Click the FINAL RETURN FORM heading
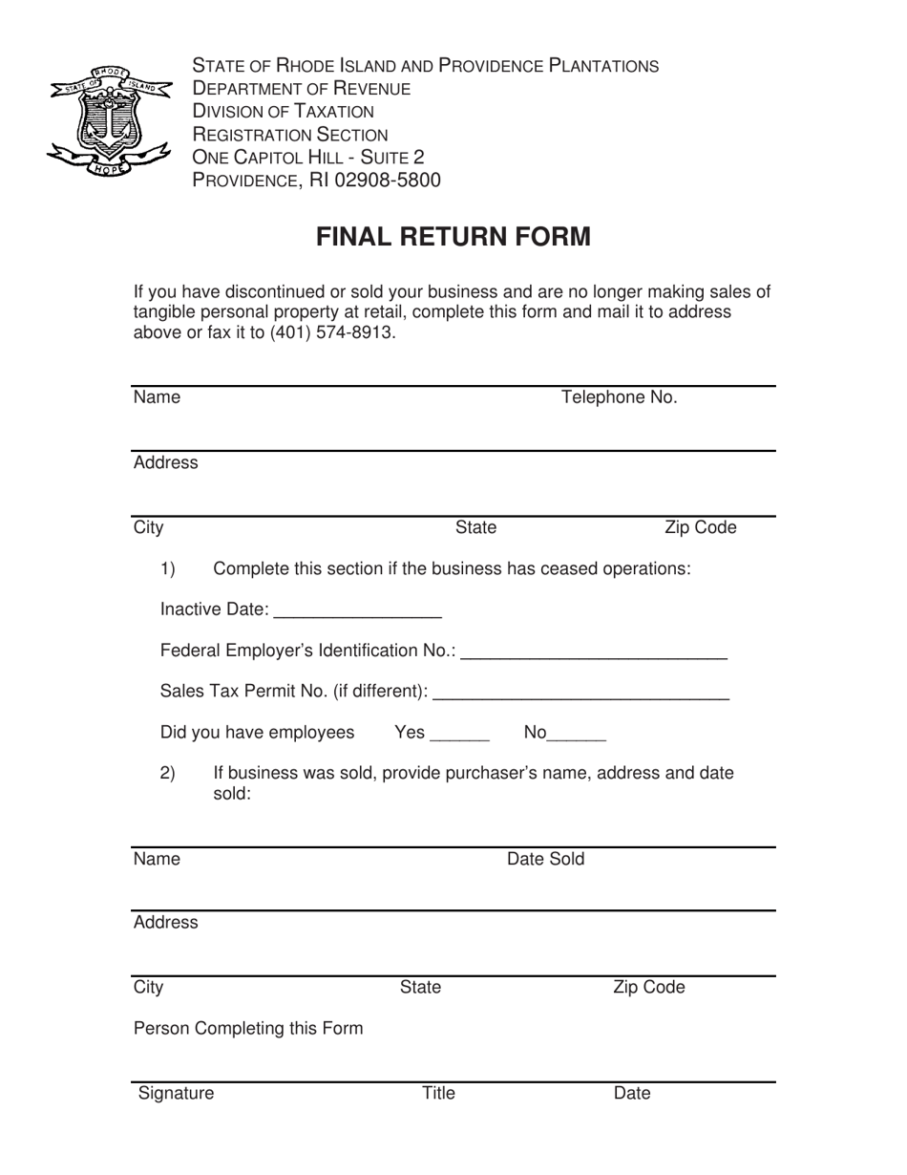[x=453, y=237]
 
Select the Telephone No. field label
[x=619, y=397]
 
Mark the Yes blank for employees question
[x=460, y=735]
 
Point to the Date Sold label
[x=545, y=859]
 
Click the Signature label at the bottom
[x=177, y=1094]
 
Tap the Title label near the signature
[x=438, y=1094]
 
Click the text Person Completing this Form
[x=248, y=1029]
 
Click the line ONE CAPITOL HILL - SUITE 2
[x=308, y=157]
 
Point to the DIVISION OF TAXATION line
[x=284, y=112]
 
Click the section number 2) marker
[x=167, y=774]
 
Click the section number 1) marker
[x=167, y=569]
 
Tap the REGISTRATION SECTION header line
[x=290, y=135]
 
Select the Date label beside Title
[x=631, y=1094]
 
